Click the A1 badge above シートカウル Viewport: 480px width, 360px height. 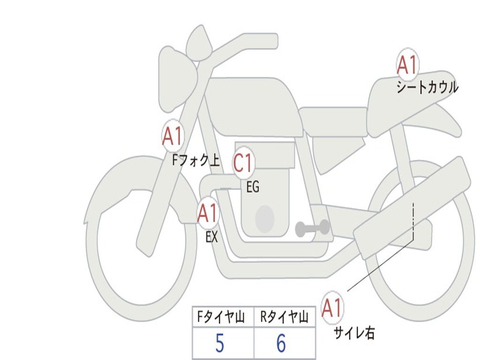pyautogui.click(x=407, y=65)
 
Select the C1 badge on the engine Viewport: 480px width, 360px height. pyautogui.click(x=243, y=162)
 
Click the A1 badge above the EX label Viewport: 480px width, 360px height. pyautogui.click(x=208, y=213)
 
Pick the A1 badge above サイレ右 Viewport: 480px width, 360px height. pyautogui.click(x=332, y=307)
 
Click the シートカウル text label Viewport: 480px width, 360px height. pyautogui.click(x=427, y=87)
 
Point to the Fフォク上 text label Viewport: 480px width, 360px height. pyautogui.click(x=196, y=160)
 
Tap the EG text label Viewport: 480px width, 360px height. pyautogui.click(x=253, y=187)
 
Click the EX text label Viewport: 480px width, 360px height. pyautogui.click(x=212, y=237)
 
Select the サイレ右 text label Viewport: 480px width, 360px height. pyautogui.click(x=354, y=332)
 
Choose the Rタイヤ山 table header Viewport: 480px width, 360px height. pyautogui.click(x=285, y=316)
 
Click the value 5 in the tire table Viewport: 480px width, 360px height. pyautogui.click(x=220, y=343)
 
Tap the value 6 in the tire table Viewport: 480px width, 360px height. pyautogui.click(x=281, y=343)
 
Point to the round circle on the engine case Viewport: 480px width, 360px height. pyautogui.click(x=265, y=219)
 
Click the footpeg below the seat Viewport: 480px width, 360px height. pyautogui.click(x=312, y=228)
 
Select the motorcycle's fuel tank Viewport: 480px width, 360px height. pyautogui.click(x=254, y=107)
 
